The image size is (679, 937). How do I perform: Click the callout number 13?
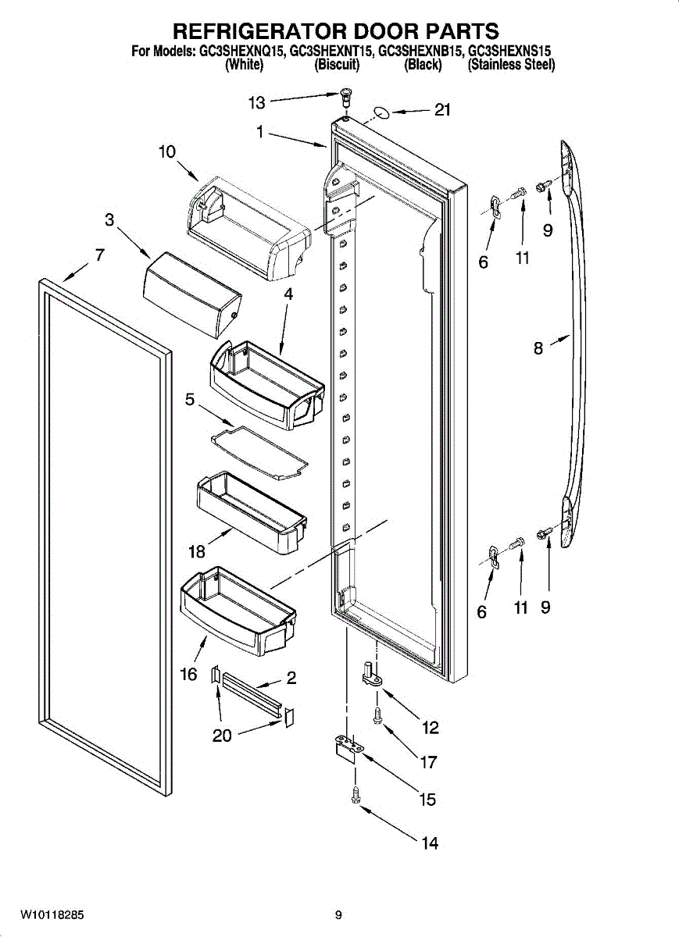click(257, 102)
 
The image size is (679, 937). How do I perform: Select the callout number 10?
click(167, 151)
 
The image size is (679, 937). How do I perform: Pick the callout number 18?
click(196, 552)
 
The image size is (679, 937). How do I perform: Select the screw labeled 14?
click(356, 794)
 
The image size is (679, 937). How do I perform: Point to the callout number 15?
click(427, 800)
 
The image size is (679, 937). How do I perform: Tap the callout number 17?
click(428, 762)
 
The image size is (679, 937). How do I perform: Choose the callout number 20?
click(222, 736)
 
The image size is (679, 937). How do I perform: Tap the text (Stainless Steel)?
click(511, 66)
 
